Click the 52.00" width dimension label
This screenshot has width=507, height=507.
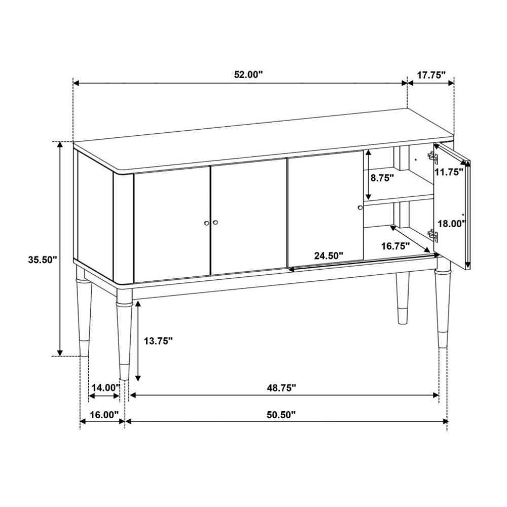pyautogui.click(x=248, y=75)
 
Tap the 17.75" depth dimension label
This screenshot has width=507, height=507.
pyautogui.click(x=431, y=75)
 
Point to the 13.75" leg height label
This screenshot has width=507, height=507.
pyautogui.click(x=158, y=341)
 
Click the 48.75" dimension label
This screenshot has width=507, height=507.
pyautogui.click(x=281, y=388)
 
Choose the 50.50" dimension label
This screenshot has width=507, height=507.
pyautogui.click(x=281, y=414)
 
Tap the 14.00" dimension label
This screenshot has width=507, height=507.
pyautogui.click(x=105, y=388)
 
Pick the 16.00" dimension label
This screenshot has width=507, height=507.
pyautogui.click(x=103, y=414)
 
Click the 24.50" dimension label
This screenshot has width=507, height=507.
pyautogui.click(x=328, y=256)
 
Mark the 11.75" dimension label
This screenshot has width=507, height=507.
pyautogui.click(x=450, y=172)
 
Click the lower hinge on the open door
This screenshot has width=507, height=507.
pyautogui.click(x=432, y=235)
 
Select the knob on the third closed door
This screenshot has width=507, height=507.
pyautogui.click(x=360, y=207)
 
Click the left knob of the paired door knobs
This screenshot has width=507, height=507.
pyautogui.click(x=206, y=223)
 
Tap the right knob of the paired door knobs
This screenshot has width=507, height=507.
pyautogui.click(x=215, y=223)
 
